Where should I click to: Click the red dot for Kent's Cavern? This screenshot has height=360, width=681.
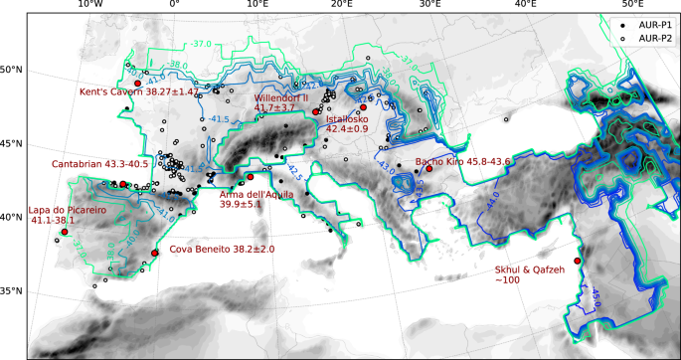[x=137, y=84]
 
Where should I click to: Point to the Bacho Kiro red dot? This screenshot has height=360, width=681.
[x=429, y=169]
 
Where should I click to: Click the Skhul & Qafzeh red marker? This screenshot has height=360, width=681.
[x=578, y=262]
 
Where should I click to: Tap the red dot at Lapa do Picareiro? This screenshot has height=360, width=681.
[x=65, y=232]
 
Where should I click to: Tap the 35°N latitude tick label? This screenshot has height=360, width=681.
[x=13, y=292]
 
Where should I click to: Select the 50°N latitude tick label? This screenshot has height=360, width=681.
[x=13, y=70]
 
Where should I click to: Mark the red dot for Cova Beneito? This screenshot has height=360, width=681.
[x=155, y=253]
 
